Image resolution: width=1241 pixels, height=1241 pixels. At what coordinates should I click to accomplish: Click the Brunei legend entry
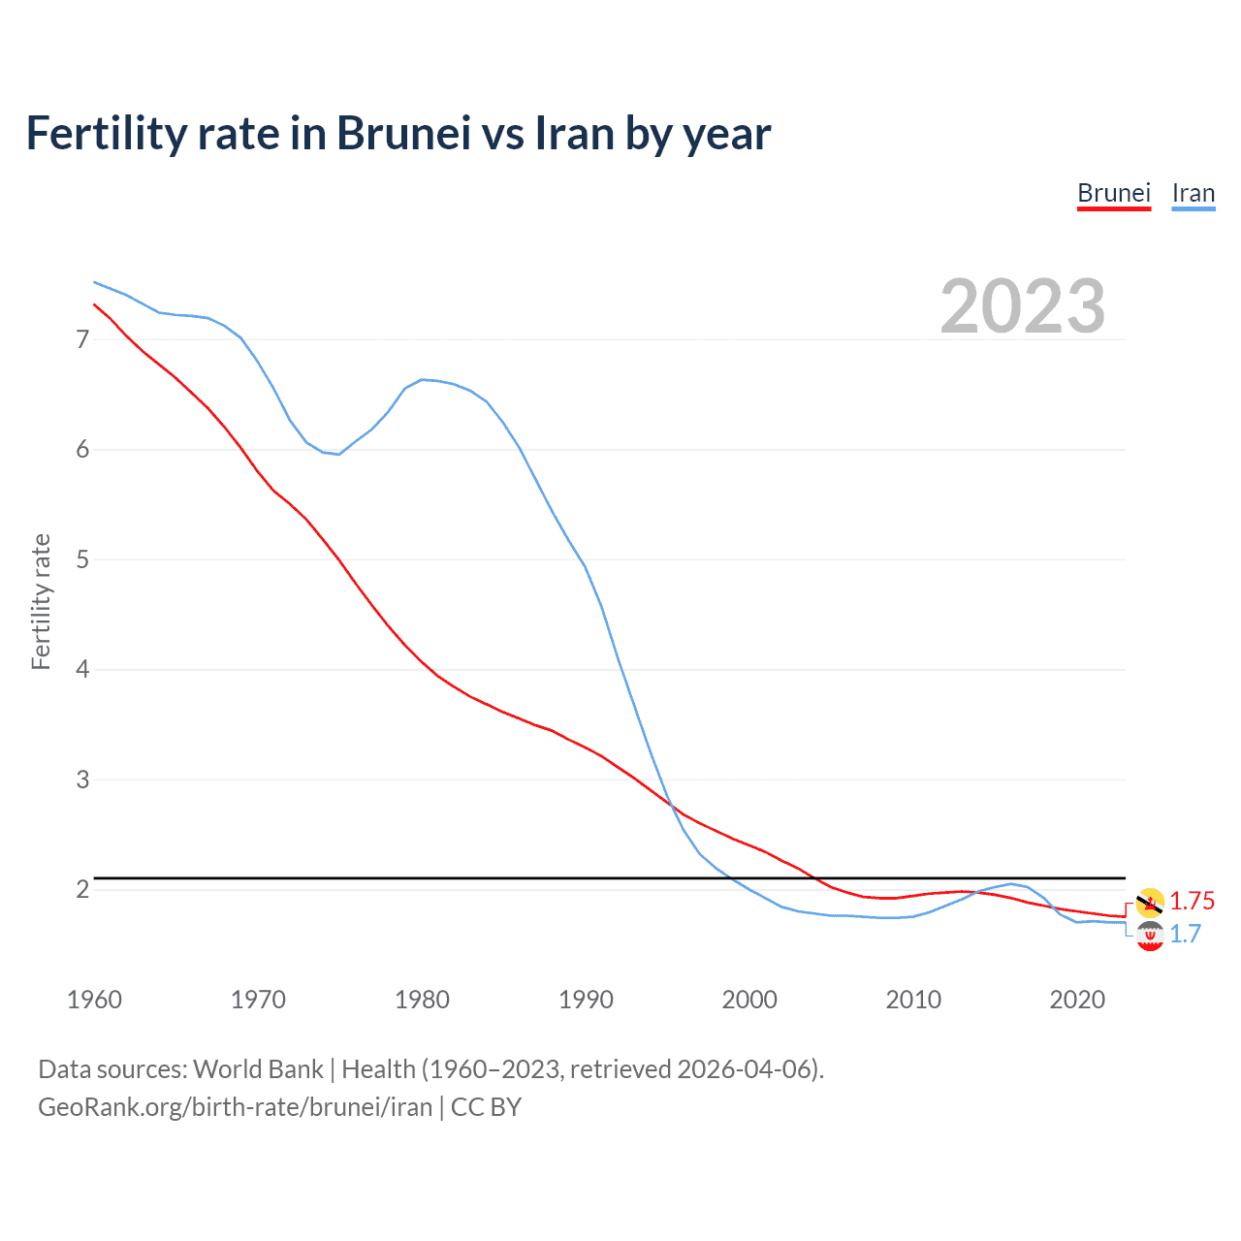click(1114, 193)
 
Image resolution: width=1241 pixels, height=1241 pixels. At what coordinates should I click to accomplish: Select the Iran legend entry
click(1193, 193)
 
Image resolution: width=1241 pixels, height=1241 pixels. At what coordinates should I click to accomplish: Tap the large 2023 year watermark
click(1023, 306)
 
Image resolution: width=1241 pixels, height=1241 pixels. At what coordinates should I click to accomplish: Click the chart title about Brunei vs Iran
click(398, 134)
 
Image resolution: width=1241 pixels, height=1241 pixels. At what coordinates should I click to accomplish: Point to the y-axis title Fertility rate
click(41, 601)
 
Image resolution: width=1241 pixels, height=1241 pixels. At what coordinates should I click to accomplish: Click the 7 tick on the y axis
click(82, 339)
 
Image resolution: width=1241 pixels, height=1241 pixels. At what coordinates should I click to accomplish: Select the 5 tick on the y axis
click(82, 559)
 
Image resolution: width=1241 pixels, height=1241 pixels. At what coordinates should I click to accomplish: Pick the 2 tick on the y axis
click(82, 889)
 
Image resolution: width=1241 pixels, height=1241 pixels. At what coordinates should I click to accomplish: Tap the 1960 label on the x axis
click(94, 1000)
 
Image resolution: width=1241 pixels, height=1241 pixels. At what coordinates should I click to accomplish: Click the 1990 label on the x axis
click(586, 1000)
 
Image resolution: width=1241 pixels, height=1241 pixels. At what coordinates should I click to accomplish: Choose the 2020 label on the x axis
click(1077, 1000)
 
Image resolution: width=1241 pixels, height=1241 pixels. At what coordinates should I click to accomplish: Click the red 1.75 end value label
click(1192, 901)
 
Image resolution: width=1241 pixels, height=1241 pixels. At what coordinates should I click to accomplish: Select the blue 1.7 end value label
click(1186, 934)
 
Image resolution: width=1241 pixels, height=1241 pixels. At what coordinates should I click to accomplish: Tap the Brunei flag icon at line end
click(1150, 902)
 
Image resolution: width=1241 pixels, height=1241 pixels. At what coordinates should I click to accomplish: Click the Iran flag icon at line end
click(1150, 937)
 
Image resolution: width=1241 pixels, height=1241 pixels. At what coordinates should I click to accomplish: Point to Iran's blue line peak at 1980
click(422, 379)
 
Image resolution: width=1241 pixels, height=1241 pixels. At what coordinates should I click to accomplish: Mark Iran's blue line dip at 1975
click(338, 454)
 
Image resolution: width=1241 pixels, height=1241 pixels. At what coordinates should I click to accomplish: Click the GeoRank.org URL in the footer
click(236, 1107)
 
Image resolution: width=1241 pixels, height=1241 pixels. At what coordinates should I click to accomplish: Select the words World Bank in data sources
click(258, 1069)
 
